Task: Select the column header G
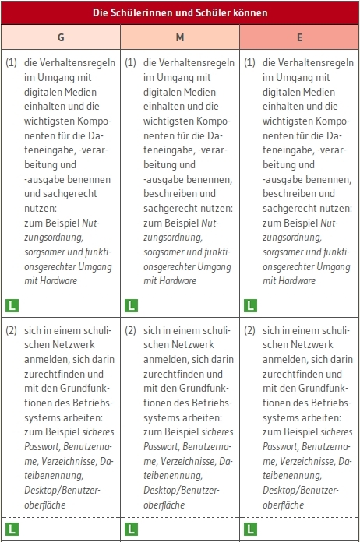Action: tap(61, 37)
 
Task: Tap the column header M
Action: tap(180, 37)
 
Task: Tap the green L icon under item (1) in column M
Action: tap(131, 305)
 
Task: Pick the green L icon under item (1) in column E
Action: tap(250, 305)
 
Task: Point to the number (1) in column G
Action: tap(11, 63)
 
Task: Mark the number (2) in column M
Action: tap(130, 329)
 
